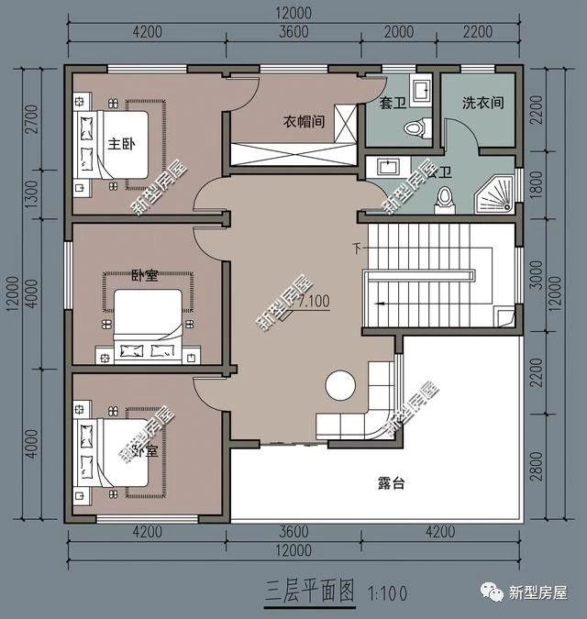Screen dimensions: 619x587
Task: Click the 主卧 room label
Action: coord(122,144)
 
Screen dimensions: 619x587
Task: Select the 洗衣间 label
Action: coord(482,104)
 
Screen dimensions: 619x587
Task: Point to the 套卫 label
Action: coord(393,104)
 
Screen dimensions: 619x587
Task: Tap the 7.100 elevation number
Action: coord(313,301)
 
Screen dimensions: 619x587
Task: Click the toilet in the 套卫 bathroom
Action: coord(419,127)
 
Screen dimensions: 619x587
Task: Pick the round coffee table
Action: coord(338,385)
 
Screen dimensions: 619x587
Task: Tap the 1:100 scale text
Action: coord(387,592)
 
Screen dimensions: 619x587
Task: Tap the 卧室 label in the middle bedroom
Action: coord(144,274)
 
